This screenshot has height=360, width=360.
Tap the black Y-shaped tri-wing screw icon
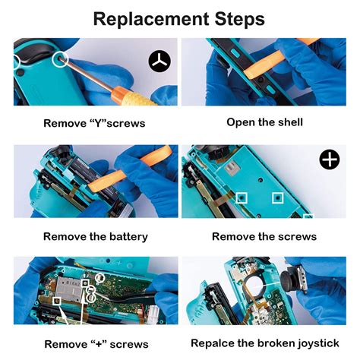(160, 61)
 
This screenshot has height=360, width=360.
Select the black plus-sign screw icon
(329, 160)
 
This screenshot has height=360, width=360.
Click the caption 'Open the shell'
(264, 122)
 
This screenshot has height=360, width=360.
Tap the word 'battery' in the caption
(128, 237)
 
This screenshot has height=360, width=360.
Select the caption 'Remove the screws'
(264, 237)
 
